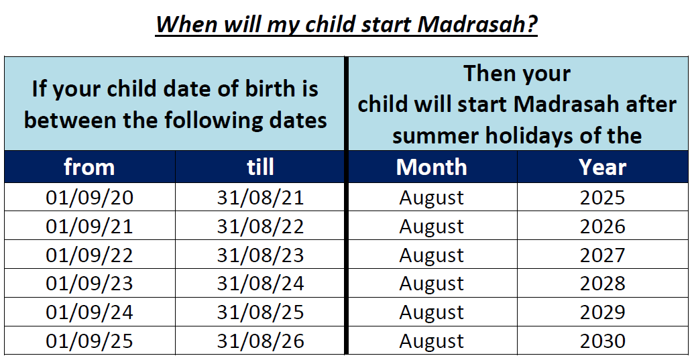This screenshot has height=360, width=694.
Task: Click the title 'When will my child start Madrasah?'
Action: tap(347, 24)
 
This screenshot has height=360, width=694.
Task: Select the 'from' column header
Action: tap(89, 167)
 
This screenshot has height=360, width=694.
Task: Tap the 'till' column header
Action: tap(260, 167)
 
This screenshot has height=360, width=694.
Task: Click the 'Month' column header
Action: tap(432, 167)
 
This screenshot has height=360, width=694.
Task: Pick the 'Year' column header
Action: tap(602, 167)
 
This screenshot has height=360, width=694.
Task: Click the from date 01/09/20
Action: tap(89, 197)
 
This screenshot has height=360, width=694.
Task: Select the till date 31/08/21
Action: tap(260, 197)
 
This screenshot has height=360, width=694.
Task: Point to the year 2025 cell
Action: tap(602, 197)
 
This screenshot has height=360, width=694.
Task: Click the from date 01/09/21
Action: tap(89, 226)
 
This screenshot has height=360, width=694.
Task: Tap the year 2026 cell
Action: tap(602, 226)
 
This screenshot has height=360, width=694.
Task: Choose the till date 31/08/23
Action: tap(260, 255)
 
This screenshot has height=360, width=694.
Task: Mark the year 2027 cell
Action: tap(602, 255)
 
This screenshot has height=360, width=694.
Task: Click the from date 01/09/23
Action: tap(89, 283)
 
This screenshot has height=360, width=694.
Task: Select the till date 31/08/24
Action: tap(260, 283)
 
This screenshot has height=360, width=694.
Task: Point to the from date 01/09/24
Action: tap(89, 312)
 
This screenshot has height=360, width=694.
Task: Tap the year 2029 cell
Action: tap(602, 312)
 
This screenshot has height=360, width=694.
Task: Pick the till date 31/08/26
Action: tap(260, 341)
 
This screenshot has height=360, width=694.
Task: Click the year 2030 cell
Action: tap(602, 341)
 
